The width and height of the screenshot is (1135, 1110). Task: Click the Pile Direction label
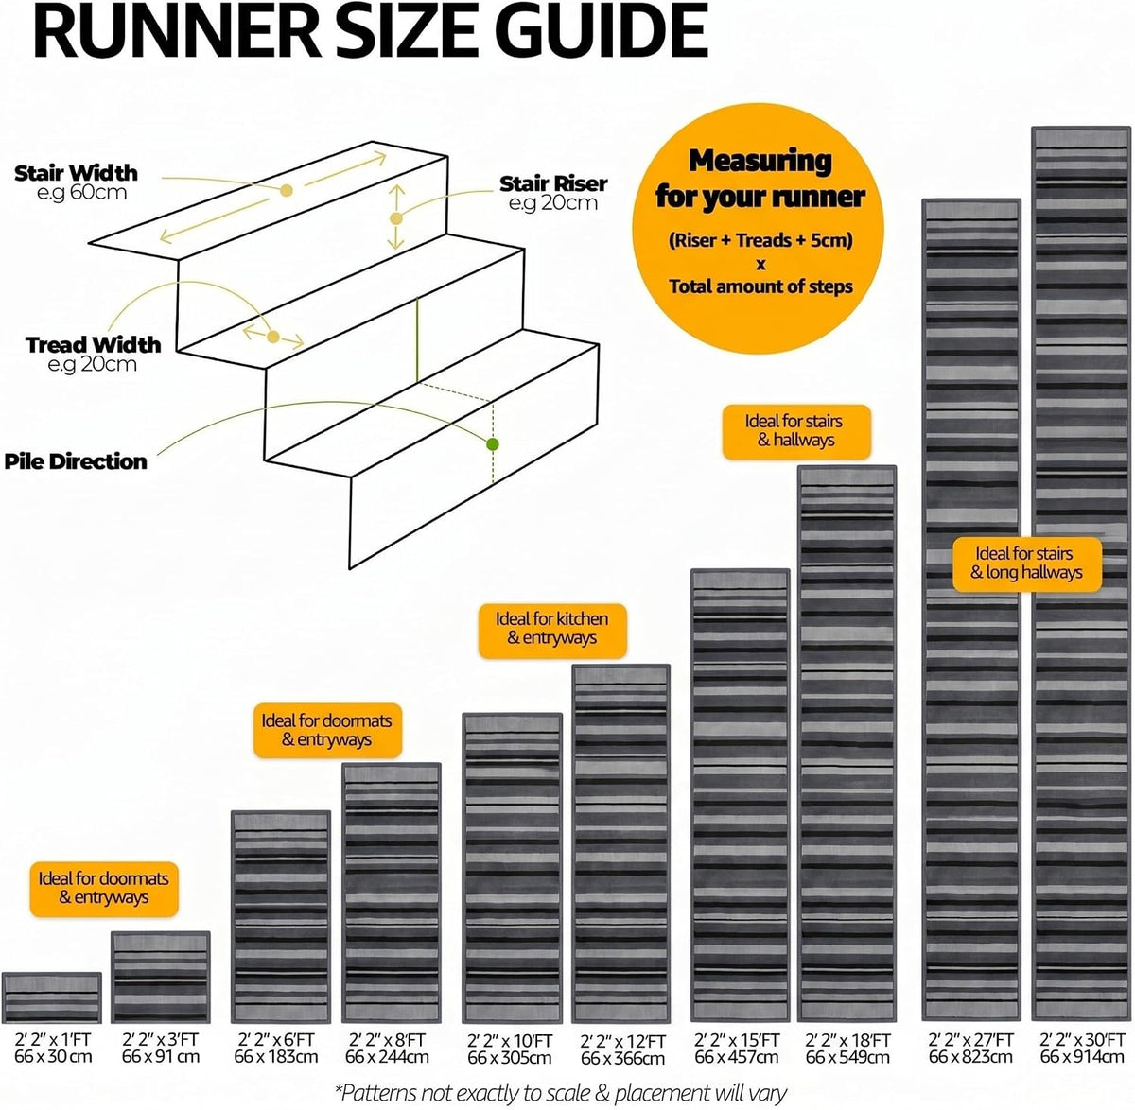click(x=76, y=461)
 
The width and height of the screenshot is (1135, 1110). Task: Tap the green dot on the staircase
click(x=492, y=444)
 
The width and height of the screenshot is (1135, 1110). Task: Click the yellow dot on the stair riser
click(x=396, y=218)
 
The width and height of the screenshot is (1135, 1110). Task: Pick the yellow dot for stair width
click(x=286, y=190)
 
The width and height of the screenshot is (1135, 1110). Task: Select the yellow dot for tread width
click(x=273, y=337)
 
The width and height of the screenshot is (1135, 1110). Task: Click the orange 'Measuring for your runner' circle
click(x=759, y=229)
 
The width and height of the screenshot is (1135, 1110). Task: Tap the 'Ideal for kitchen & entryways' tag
click(x=552, y=631)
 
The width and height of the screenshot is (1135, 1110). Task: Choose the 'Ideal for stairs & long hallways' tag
click(x=1026, y=564)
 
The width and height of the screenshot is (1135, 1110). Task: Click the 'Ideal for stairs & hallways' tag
click(x=796, y=431)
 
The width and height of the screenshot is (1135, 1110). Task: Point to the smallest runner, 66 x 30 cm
click(x=51, y=997)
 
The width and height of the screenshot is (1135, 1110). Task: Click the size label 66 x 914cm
click(x=1082, y=1056)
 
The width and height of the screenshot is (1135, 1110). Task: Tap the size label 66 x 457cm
click(x=737, y=1056)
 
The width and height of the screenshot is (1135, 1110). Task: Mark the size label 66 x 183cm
click(x=276, y=1056)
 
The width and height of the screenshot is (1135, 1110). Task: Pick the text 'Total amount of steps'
click(x=760, y=286)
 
